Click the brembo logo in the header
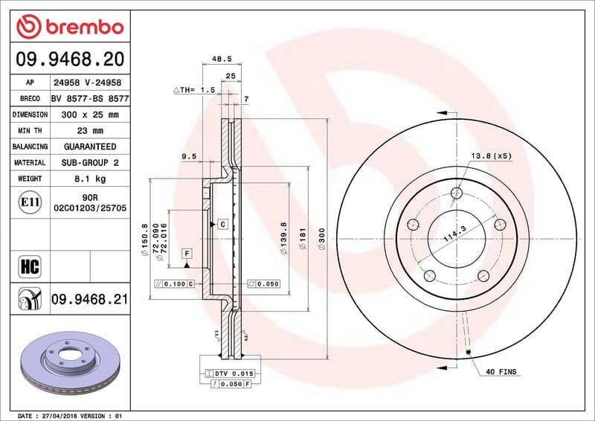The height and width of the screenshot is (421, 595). [69, 28]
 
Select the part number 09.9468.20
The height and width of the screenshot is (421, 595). [69, 58]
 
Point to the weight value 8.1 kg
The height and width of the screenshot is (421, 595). [89, 179]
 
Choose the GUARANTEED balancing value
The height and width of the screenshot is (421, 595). [89, 147]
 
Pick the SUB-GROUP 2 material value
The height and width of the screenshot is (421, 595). [90, 162]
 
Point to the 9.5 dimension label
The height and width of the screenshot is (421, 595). [188, 157]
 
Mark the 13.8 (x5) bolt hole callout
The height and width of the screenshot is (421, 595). [491, 155]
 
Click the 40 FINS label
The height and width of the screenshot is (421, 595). [501, 370]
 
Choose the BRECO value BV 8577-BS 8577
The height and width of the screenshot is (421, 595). [90, 98]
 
